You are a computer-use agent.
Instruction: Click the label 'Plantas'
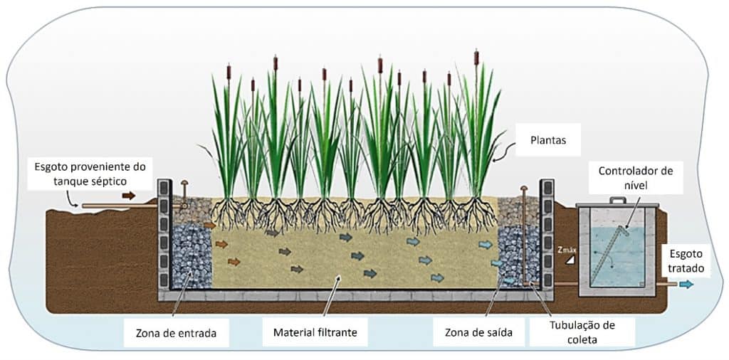547,141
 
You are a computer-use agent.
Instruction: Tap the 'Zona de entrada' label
176,331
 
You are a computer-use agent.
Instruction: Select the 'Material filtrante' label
315,331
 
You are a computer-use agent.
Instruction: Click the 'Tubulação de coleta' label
582,332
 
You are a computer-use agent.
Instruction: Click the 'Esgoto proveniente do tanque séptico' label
90,174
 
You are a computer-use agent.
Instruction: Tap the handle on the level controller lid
617,201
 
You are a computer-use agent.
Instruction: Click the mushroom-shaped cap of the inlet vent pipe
184,184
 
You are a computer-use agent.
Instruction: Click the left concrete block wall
164,235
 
